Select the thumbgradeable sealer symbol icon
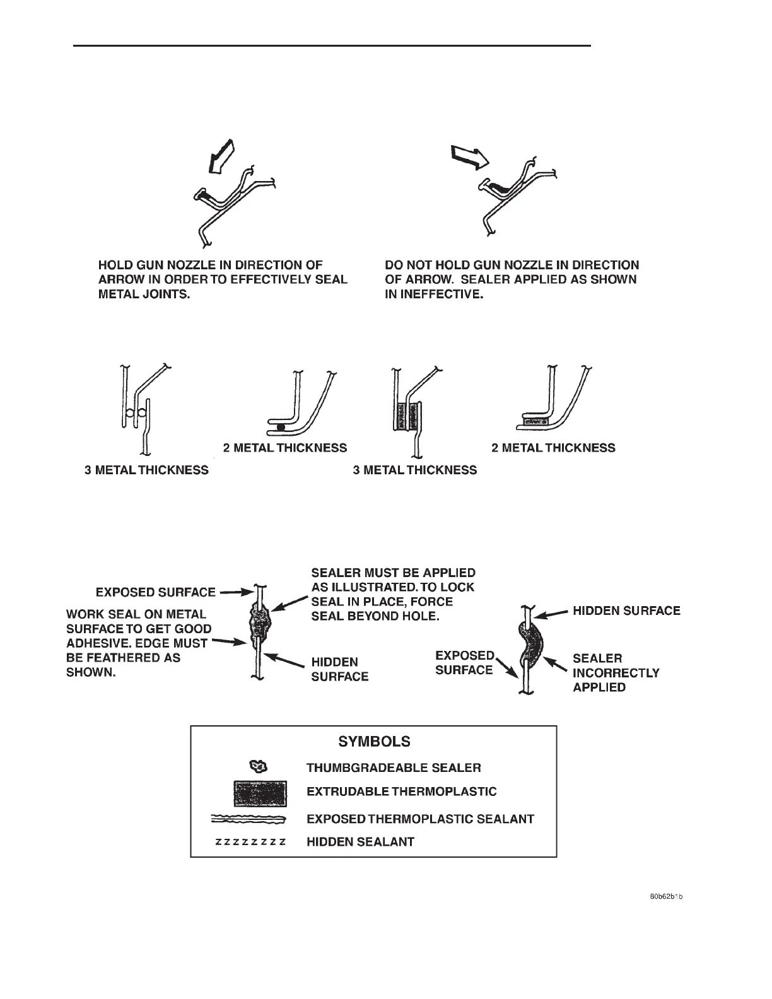[x=259, y=767]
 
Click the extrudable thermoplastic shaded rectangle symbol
[x=260, y=793]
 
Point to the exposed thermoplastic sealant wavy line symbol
[x=249, y=819]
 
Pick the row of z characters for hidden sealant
[x=250, y=842]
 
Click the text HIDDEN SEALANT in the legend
[x=360, y=842]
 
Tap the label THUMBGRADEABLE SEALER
[x=394, y=768]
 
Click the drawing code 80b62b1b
[x=666, y=896]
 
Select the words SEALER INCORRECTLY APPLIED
[x=616, y=672]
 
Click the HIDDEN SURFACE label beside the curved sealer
[x=626, y=610]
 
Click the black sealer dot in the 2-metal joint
[x=280, y=428]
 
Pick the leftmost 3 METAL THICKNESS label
[x=146, y=470]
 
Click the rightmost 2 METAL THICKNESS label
[x=553, y=448]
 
